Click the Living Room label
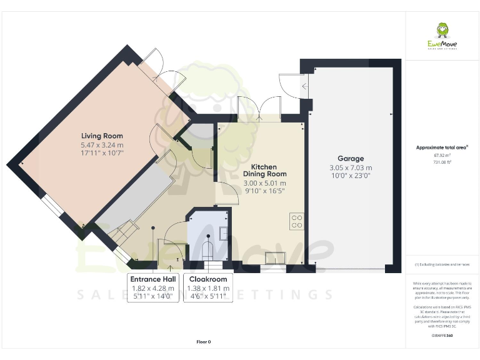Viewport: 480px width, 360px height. pos(102,136)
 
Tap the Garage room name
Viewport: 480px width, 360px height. pos(351,159)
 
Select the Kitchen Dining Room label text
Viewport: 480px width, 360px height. pos(269,170)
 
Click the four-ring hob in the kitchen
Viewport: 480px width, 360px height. pos(297,221)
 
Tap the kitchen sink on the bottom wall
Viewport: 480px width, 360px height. pos(275,257)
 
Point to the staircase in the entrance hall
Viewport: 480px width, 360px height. pos(122,237)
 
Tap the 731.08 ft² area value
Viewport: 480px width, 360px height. pos(442,162)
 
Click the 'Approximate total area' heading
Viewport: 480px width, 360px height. pos(442,147)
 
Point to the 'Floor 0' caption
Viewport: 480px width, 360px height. pos(204,342)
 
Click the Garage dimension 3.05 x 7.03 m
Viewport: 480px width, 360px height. pos(351,167)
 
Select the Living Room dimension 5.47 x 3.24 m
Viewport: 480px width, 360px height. pos(102,144)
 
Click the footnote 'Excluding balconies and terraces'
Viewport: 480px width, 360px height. pos(442,265)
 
